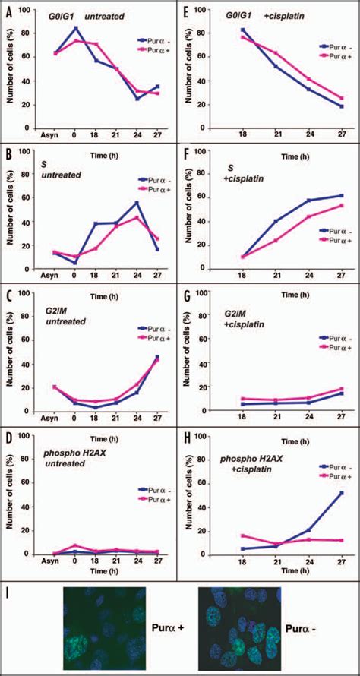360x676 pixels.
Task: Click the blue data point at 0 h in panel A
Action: pyautogui.click(x=74, y=28)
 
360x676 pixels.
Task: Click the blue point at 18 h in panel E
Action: pyautogui.click(x=243, y=30)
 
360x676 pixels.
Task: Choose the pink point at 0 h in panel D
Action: pyautogui.click(x=74, y=545)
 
